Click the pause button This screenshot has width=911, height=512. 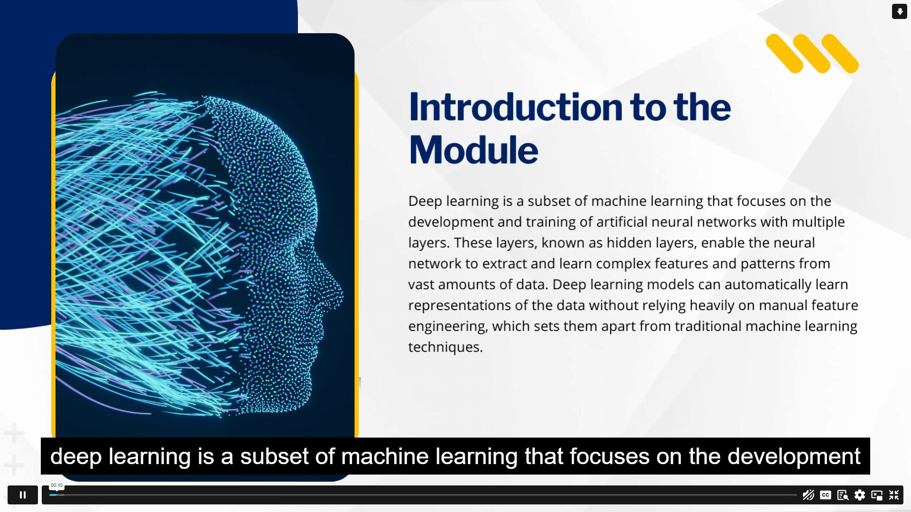pos(23,495)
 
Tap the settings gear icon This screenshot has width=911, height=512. pos(859,495)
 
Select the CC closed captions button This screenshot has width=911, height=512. pos(826,495)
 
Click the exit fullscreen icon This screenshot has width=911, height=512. pos(894,495)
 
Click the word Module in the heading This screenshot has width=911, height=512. pos(473,150)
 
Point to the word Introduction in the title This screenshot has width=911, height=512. pos(515,107)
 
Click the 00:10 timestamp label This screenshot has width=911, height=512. pos(56,485)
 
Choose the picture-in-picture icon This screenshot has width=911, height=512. pos(876,495)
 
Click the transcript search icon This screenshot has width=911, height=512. pos(843,495)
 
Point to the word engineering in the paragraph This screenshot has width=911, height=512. pos(447,326)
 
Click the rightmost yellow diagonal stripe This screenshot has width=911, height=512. pos(840,54)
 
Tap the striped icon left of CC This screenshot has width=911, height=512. pos(808,495)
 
